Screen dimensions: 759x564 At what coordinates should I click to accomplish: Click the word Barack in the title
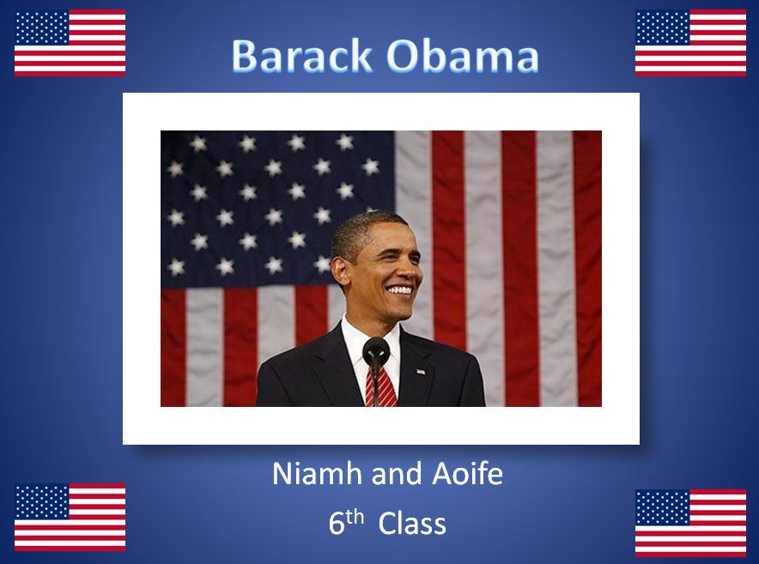coord(301,56)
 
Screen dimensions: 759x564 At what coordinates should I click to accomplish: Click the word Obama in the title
coord(463,56)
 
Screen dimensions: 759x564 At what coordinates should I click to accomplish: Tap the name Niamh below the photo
coord(318,474)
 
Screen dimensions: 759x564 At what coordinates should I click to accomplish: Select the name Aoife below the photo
coord(468,474)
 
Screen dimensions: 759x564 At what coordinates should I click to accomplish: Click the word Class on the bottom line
coord(412,524)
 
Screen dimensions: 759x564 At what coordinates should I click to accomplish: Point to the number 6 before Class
coord(337,524)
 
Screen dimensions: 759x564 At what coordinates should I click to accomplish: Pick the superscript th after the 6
coord(355,517)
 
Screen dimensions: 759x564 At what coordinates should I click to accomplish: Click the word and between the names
coord(398,474)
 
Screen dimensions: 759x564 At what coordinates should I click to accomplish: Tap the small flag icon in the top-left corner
coord(70,43)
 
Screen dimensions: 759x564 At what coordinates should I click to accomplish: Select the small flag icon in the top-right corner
coord(691,43)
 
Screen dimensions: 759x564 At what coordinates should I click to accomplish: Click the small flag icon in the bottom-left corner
coord(70,517)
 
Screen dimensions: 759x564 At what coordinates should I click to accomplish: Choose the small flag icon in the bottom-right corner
coord(691,523)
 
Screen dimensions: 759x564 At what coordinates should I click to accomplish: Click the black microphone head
coord(376,350)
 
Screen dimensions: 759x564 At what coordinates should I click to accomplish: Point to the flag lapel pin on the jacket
coord(421,372)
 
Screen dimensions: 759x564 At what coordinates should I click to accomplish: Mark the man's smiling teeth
coord(400,290)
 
